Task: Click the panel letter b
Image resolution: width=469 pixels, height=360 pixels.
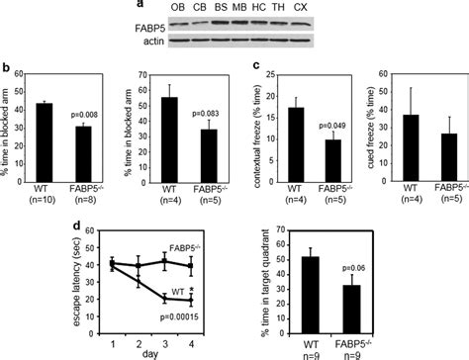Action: tap(7, 70)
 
